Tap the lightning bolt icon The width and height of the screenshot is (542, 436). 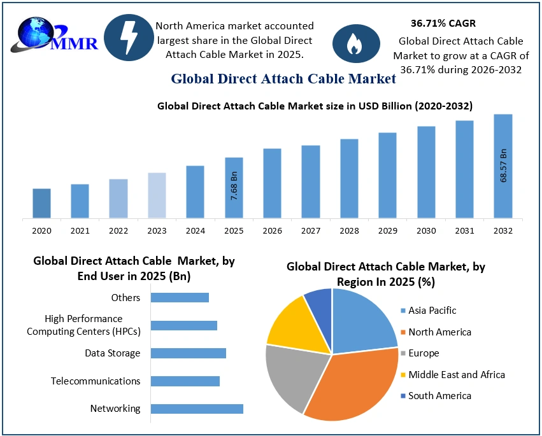(128, 38)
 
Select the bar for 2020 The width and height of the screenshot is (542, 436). (41, 203)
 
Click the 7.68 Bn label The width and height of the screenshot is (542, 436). (234, 186)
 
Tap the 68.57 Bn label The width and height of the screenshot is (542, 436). (503, 165)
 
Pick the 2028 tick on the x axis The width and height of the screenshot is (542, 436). (349, 230)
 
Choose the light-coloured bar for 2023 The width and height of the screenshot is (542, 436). (157, 195)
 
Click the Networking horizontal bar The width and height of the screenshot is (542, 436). (197, 409)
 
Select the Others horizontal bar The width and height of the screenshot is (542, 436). (180, 297)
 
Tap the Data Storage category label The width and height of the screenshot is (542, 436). (113, 353)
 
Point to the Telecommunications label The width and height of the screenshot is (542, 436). (96, 381)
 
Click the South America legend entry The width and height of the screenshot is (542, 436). (439, 396)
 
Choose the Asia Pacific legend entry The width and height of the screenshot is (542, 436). (432, 311)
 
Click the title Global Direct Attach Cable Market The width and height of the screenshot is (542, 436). (283, 79)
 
